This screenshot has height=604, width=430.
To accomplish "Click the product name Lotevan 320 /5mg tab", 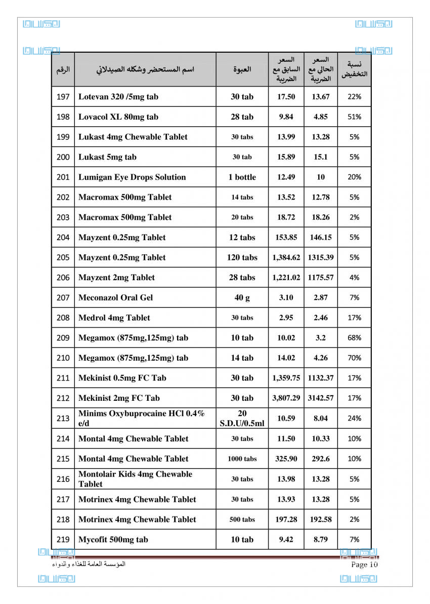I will click(118, 97).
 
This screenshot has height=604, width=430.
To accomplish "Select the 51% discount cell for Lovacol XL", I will click(354, 117).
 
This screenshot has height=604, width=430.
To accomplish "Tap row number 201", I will click(63, 177).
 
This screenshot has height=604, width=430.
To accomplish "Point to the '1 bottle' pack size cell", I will click(242, 177).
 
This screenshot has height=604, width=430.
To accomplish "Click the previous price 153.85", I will click(286, 238).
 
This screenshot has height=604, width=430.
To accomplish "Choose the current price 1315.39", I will click(320, 257).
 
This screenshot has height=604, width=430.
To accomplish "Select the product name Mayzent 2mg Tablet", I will click(116, 278).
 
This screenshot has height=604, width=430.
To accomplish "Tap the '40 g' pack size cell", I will click(242, 298).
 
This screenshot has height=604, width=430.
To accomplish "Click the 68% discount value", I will click(354, 338).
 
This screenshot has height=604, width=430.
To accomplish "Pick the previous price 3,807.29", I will click(286, 398).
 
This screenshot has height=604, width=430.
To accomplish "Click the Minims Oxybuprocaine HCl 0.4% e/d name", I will click(141, 418).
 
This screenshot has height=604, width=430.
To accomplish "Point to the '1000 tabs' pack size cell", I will click(242, 459).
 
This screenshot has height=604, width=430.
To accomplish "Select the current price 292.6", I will click(320, 459).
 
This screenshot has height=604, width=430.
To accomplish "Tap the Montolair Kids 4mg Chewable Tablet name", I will click(135, 479).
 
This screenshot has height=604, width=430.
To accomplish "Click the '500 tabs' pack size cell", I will click(242, 519).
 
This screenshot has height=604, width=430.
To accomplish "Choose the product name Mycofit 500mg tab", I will click(113, 540).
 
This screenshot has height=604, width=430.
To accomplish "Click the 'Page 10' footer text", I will click(364, 564).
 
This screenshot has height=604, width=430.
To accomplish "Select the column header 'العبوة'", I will click(242, 69).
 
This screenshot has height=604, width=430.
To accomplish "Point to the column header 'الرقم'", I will click(63, 69).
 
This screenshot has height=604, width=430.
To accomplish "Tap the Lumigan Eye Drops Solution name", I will click(132, 177).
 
